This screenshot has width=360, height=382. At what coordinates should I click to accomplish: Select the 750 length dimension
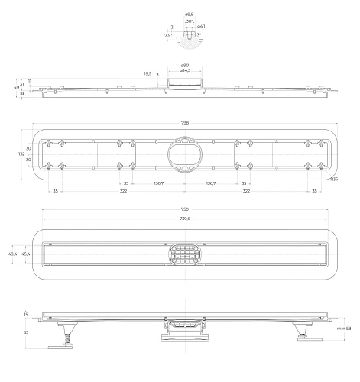coord(184,209)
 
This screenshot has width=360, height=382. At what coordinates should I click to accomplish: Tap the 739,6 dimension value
coord(184,219)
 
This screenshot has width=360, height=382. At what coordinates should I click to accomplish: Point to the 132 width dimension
coord(21,154)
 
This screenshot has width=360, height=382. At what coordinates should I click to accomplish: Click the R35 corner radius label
coord(334,179)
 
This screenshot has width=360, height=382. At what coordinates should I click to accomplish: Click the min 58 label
coord(344,328)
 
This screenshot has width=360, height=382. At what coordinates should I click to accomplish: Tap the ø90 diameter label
coord(185,65)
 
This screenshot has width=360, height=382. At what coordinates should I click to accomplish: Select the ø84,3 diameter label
coord(185,70)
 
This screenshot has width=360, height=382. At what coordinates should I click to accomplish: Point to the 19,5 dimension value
coord(147,74)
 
